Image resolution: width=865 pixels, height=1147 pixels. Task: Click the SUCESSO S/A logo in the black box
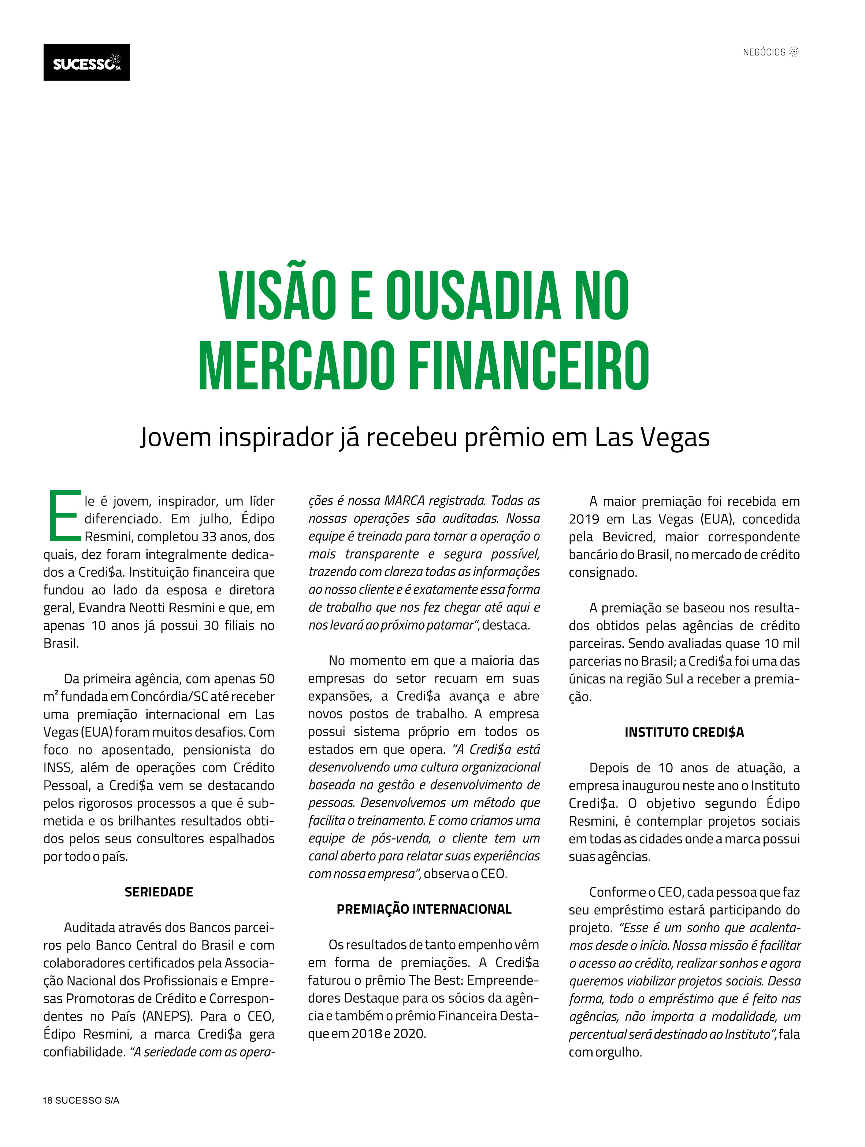[x=86, y=63]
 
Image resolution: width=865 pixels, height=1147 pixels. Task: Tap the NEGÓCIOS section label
[x=764, y=52]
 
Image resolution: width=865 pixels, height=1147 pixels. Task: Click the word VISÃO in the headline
[x=277, y=296]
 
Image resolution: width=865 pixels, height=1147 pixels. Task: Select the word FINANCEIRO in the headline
[x=529, y=366]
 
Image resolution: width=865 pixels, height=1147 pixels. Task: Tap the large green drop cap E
[x=64, y=516]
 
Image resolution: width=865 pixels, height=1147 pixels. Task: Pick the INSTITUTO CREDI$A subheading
[x=684, y=733]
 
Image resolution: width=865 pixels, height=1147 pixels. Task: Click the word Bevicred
[x=629, y=537]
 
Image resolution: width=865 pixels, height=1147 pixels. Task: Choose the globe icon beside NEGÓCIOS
[x=794, y=52]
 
